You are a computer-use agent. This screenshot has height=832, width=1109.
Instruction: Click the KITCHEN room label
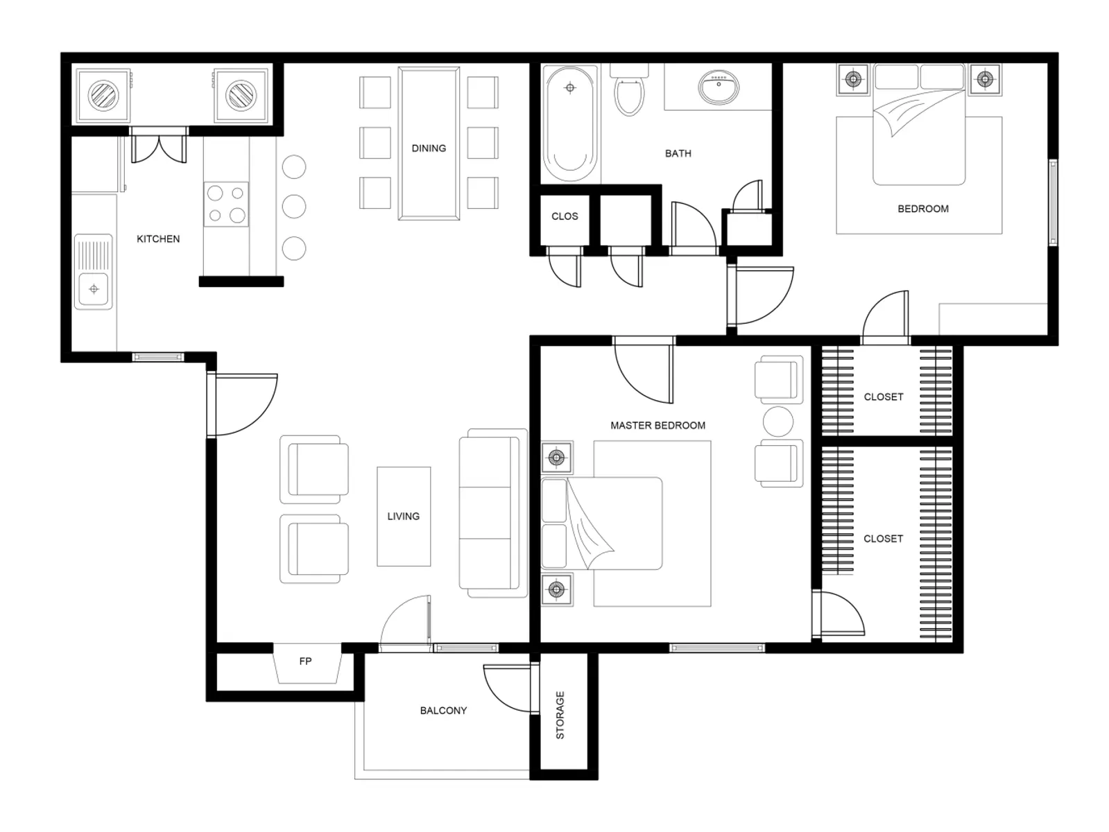point(158,239)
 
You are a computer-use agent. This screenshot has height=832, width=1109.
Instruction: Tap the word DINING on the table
point(429,148)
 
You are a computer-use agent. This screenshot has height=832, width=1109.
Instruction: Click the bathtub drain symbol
point(570,87)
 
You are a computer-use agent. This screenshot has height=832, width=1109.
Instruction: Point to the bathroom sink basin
point(719,87)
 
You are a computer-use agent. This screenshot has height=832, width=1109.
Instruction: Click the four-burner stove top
point(226,205)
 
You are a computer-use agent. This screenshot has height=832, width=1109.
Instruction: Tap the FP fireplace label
point(305,661)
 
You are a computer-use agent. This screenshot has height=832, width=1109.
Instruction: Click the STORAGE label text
point(560,715)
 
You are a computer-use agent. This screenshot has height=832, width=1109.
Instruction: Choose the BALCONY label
point(443,711)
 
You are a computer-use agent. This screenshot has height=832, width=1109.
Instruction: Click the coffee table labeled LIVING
point(404,517)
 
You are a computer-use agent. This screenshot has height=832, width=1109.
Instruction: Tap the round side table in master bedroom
point(777,422)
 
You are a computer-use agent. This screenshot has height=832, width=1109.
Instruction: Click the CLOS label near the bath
point(565,216)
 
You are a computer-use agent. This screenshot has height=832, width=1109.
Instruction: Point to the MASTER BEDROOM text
point(657,426)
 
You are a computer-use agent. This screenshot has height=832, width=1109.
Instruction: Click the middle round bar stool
point(294,207)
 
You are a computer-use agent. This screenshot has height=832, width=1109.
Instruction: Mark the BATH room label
point(678,154)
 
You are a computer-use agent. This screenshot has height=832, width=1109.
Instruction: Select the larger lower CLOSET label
point(883,539)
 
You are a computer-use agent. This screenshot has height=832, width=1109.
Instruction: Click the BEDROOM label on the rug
point(922,209)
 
